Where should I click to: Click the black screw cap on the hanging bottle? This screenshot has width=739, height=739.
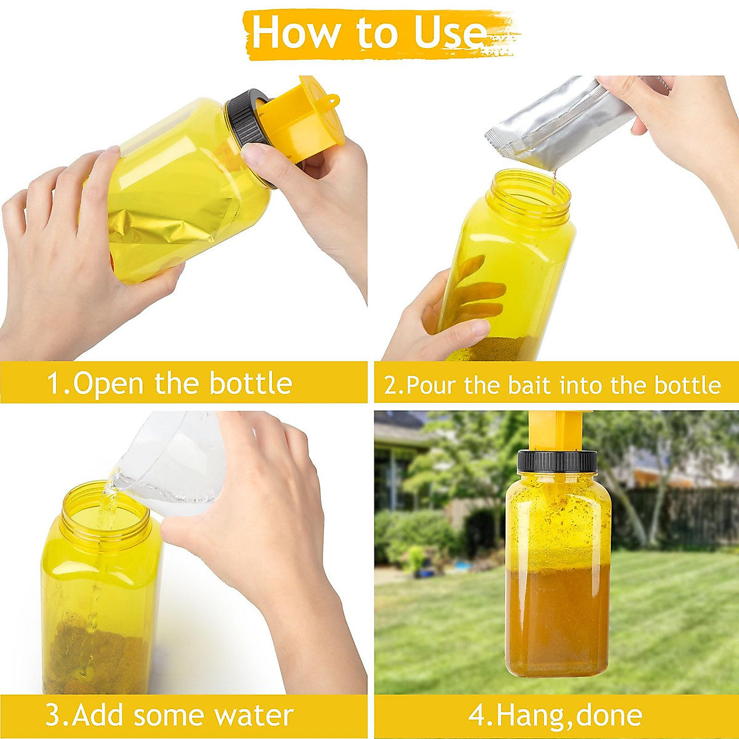coord(557,461)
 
